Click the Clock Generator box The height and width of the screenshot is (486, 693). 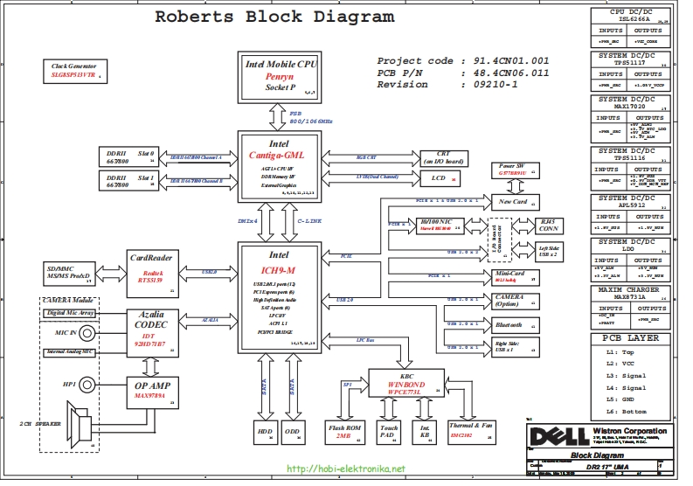point(73,71)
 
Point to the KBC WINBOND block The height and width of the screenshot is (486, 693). point(399,381)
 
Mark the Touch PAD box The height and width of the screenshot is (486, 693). point(389,432)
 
